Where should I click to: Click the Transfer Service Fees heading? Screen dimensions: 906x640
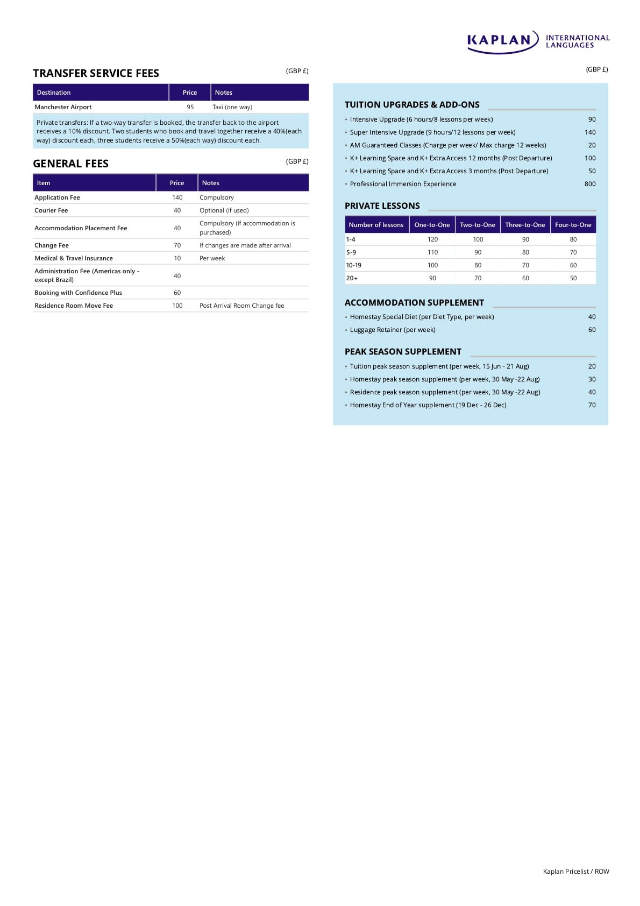[96, 73]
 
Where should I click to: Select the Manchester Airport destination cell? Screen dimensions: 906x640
[63, 107]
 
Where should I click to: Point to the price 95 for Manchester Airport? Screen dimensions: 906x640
[190, 107]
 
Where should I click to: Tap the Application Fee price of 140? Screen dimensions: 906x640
[177, 197]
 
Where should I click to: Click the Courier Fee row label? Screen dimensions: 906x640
[51, 210]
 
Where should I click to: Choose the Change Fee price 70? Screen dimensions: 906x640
[177, 245]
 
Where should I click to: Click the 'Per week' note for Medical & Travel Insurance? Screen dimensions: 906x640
[212, 258]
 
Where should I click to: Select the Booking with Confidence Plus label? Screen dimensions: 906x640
[78, 293]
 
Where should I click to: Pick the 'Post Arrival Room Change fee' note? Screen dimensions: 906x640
[241, 306]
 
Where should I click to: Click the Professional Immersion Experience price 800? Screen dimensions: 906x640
[589, 184]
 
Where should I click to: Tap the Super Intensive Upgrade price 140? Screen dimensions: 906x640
[589, 132]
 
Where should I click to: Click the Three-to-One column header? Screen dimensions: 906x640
[525, 225]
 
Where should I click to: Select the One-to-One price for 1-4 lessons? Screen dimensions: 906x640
[432, 239]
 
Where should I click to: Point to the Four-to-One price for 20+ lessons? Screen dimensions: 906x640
[573, 278]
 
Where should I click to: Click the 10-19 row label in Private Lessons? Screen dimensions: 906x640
[354, 265]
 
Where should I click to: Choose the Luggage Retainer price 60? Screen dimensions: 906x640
[592, 330]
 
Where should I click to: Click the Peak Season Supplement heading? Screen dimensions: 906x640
[403, 352]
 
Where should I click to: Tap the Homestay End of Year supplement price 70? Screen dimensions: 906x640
[592, 405]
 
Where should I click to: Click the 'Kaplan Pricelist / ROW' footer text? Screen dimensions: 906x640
[575, 872]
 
